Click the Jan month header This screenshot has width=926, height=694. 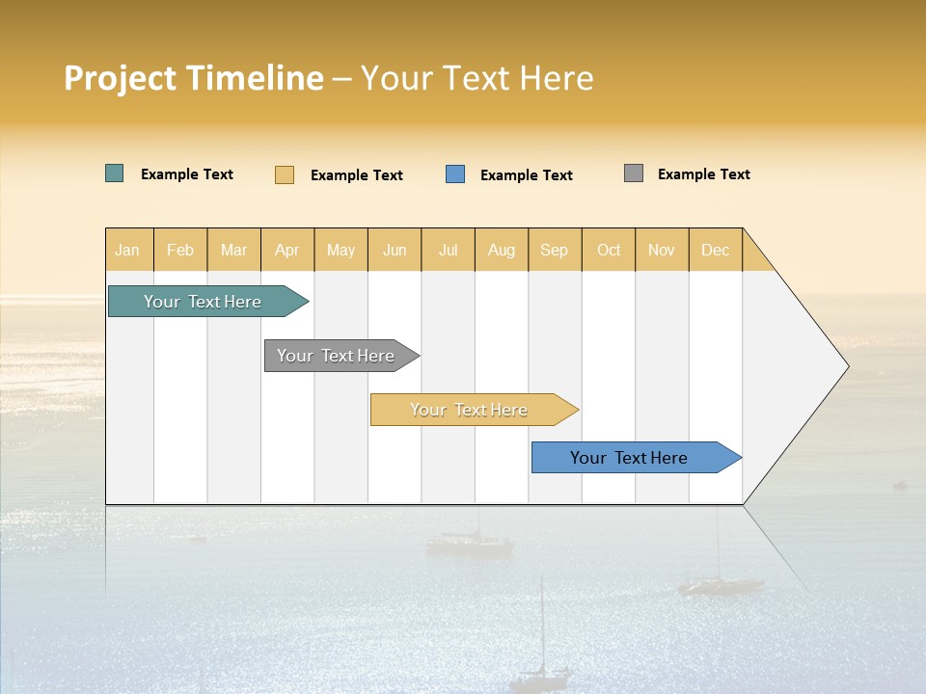(x=127, y=250)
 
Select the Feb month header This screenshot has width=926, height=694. (x=180, y=250)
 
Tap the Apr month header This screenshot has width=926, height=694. (x=286, y=250)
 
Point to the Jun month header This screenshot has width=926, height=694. (x=395, y=250)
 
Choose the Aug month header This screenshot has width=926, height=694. (x=501, y=250)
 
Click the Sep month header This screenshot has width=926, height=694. (x=554, y=250)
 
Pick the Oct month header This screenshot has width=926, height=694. (x=609, y=250)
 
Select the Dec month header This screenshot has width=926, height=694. (x=715, y=250)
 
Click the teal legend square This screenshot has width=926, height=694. (x=115, y=173)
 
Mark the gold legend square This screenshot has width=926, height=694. (x=285, y=174)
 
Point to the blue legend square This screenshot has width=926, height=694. (x=455, y=174)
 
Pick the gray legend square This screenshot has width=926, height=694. (x=634, y=173)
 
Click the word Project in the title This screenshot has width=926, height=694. (x=120, y=78)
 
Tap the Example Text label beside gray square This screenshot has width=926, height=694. (x=703, y=174)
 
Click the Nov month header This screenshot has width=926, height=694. (x=661, y=250)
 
